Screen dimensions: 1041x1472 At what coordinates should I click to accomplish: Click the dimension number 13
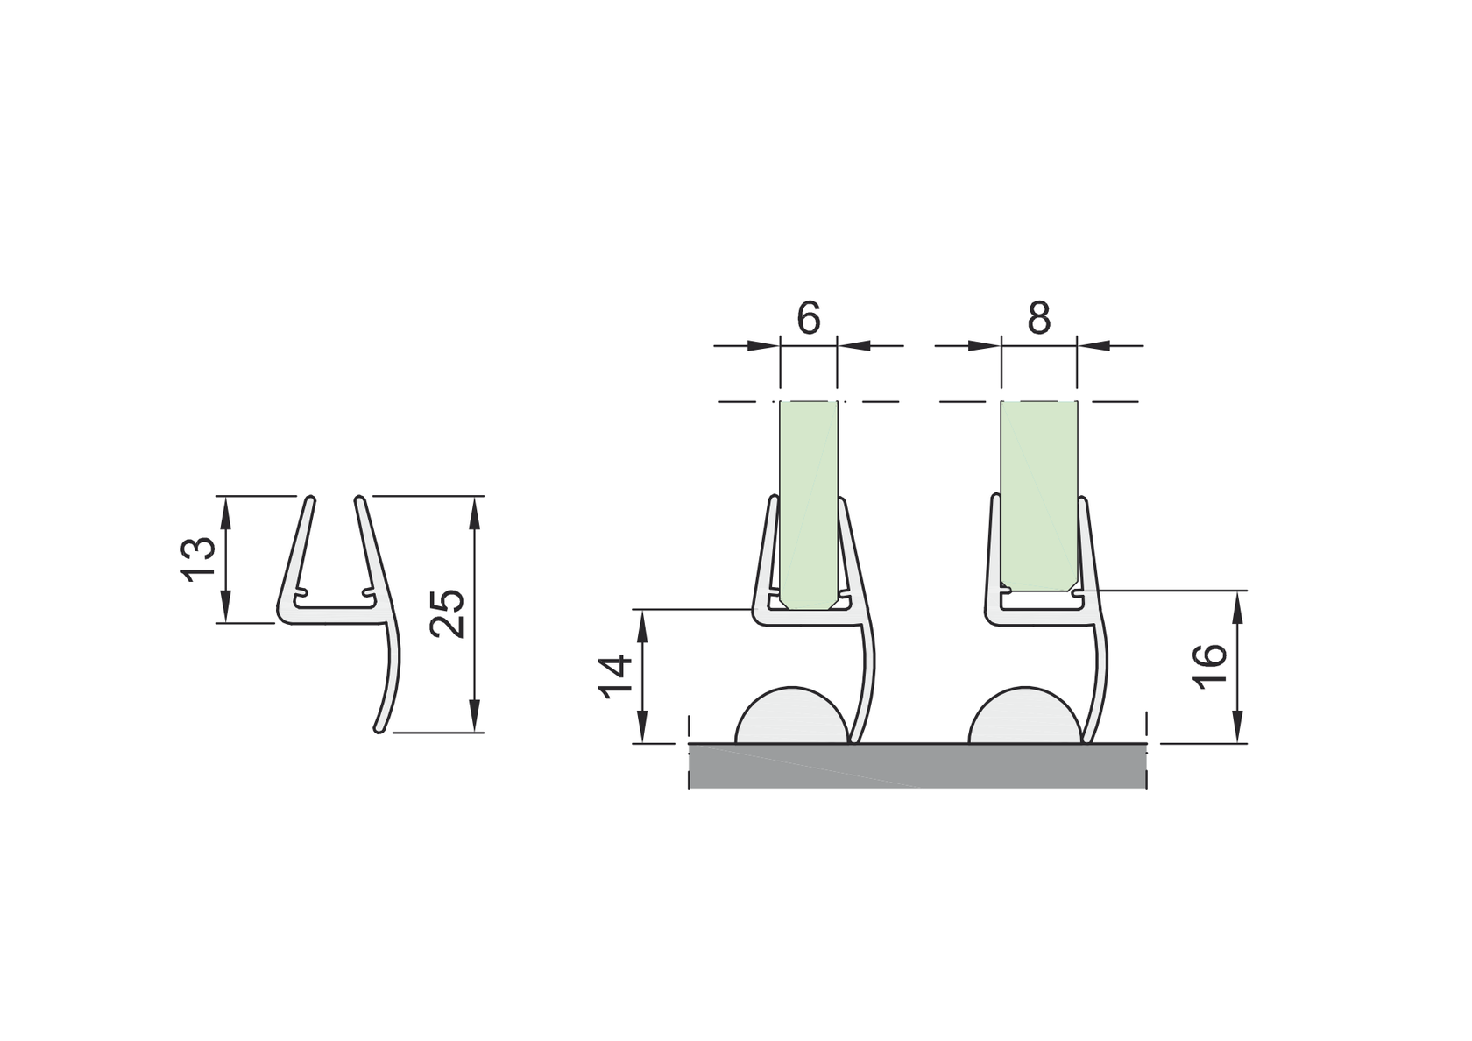click(x=199, y=559)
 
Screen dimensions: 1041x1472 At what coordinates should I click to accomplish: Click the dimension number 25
click(x=449, y=613)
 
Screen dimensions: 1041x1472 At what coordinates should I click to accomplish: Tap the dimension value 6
click(x=809, y=318)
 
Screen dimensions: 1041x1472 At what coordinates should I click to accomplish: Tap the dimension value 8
click(x=1038, y=318)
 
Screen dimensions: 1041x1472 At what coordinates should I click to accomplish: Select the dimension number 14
click(x=616, y=676)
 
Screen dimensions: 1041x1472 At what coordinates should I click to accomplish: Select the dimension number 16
click(x=1212, y=666)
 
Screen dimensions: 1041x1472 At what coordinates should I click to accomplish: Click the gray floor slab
click(x=917, y=766)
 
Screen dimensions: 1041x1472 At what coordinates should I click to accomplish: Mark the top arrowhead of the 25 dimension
click(x=475, y=512)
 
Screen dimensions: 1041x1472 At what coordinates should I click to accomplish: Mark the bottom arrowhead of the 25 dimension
click(x=475, y=716)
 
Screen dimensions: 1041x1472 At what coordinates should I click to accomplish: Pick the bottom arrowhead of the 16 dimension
click(x=1237, y=727)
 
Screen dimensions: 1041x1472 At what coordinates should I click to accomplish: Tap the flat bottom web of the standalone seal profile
click(x=333, y=615)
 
